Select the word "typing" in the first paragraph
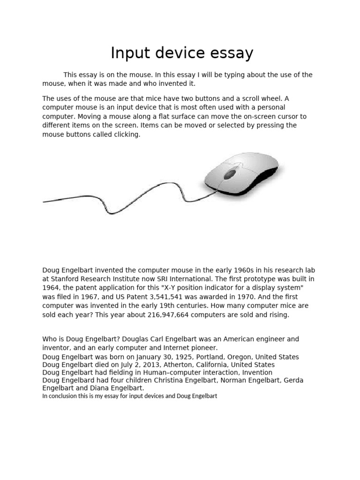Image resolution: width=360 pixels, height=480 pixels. point(214,75)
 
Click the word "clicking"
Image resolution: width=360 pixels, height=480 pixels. point(126,135)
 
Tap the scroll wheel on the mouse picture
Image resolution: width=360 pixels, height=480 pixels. point(230,174)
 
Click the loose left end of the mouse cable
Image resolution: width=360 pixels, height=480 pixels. point(45,202)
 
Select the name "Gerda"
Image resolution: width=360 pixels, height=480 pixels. point(293,381)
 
